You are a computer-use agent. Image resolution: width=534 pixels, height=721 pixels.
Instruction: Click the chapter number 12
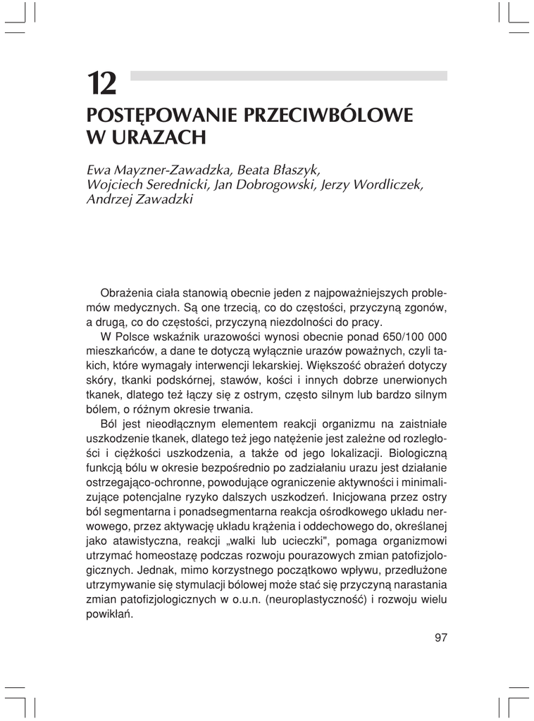point(102,84)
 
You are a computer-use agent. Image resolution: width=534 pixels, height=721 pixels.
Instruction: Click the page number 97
point(440,638)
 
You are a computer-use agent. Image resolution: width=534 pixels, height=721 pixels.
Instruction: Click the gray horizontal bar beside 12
point(289,75)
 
